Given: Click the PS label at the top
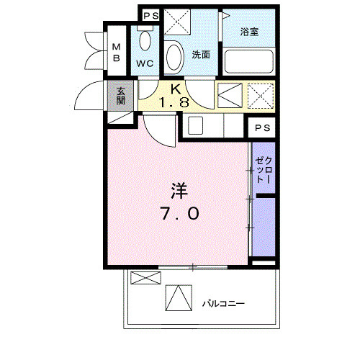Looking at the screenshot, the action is [151, 16].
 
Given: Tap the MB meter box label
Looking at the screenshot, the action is [117, 53].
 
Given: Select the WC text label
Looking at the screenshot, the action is [145, 63].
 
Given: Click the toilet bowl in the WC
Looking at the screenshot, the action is [145, 40].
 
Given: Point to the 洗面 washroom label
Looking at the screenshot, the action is [201, 55].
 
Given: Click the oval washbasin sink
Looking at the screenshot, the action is [175, 58].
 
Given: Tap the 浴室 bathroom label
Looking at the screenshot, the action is [249, 32].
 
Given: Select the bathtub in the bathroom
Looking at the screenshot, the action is [249, 61].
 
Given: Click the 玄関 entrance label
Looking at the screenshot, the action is [121, 96].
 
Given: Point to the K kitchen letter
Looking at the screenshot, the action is [176, 89].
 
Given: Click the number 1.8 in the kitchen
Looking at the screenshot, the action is [174, 103].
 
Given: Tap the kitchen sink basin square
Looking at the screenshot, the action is [195, 125].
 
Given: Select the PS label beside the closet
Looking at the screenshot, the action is [262, 128].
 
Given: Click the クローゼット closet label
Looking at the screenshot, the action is [264, 170].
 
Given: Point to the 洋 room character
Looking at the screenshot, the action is [179, 191].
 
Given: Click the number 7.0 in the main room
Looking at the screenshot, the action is [180, 213].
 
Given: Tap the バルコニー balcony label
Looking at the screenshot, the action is [223, 304].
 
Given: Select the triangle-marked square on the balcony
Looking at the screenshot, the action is [179, 298].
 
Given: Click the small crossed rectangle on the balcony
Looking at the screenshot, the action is [145, 278].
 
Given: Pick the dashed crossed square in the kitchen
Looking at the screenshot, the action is [261, 96].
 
